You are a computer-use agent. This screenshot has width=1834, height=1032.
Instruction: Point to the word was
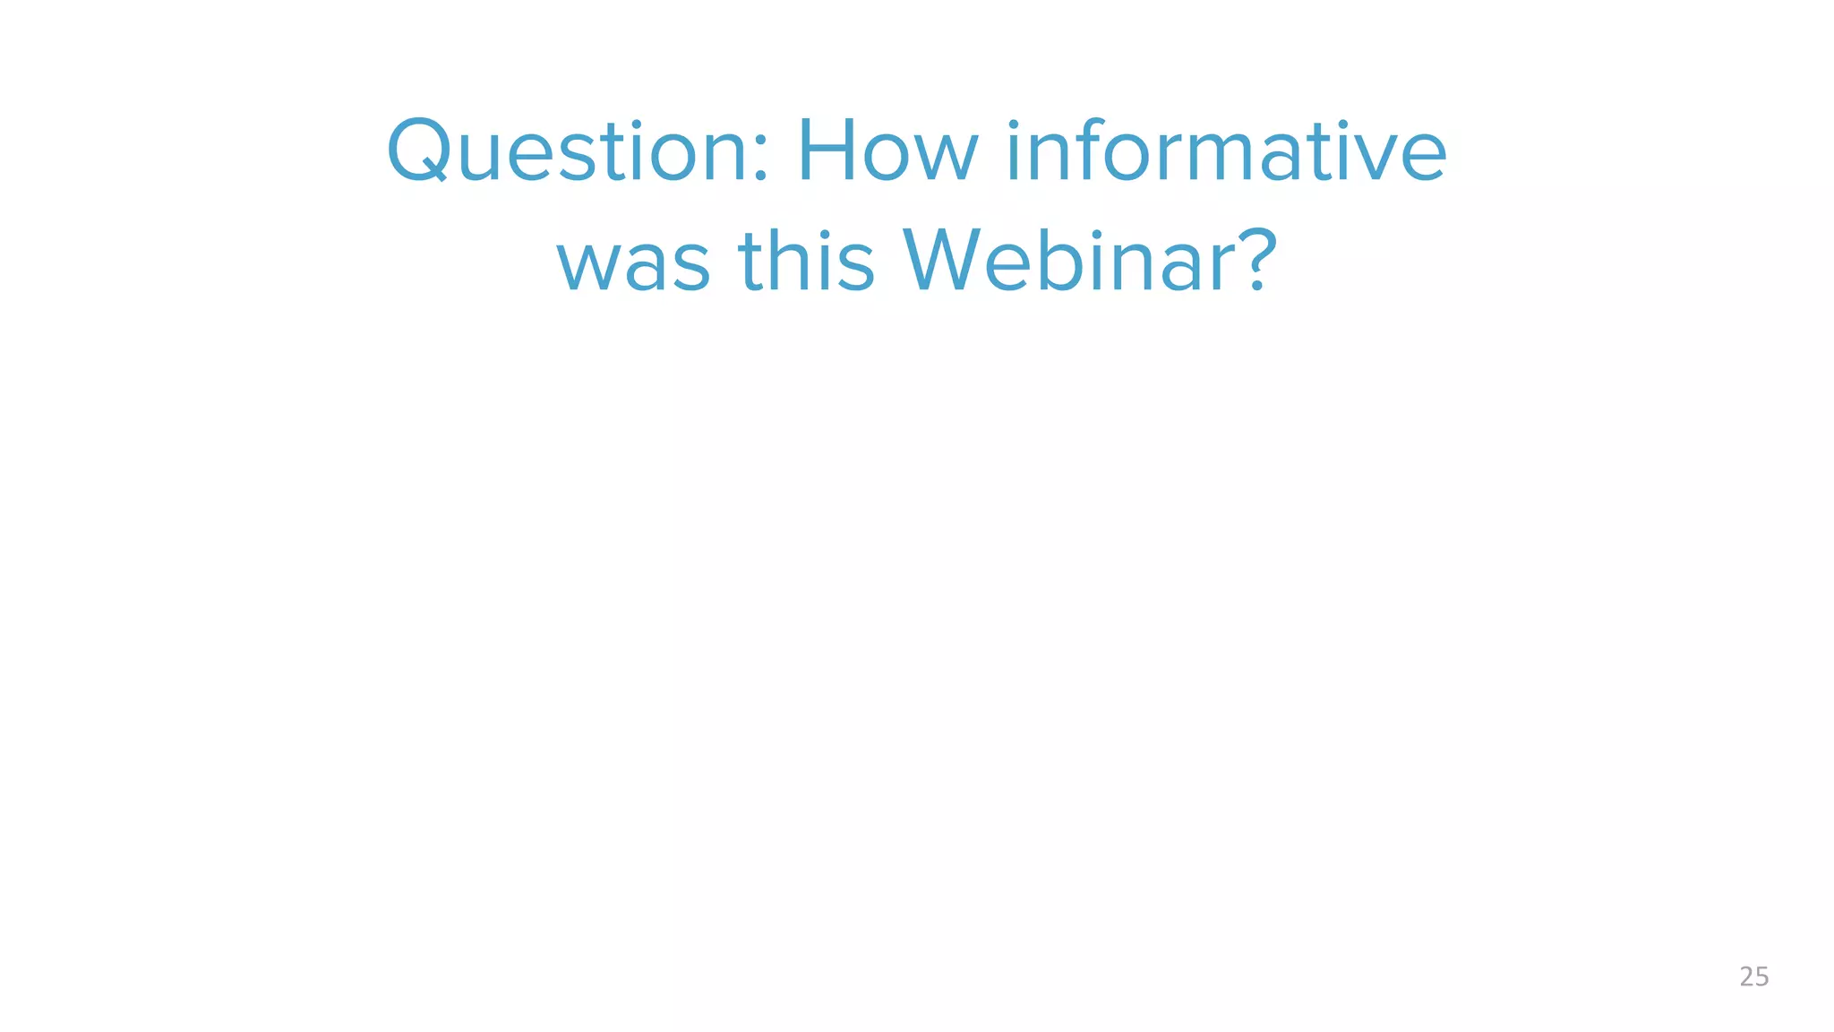(634, 261)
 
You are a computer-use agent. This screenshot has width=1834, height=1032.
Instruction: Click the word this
(806, 261)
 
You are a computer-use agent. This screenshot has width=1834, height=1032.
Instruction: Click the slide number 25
(1753, 976)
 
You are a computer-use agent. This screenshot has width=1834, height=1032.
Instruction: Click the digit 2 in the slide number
(1746, 976)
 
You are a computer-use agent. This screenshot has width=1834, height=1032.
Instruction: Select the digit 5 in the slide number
(1761, 976)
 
